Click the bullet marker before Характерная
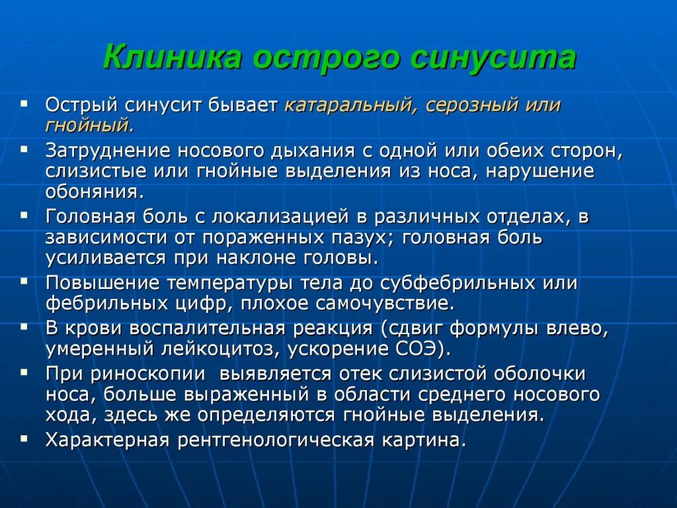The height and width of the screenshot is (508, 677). pyautogui.click(x=24, y=438)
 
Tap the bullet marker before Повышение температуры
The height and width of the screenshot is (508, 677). pyautogui.click(x=24, y=281)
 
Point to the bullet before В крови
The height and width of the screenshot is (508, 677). pyautogui.click(x=24, y=326)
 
